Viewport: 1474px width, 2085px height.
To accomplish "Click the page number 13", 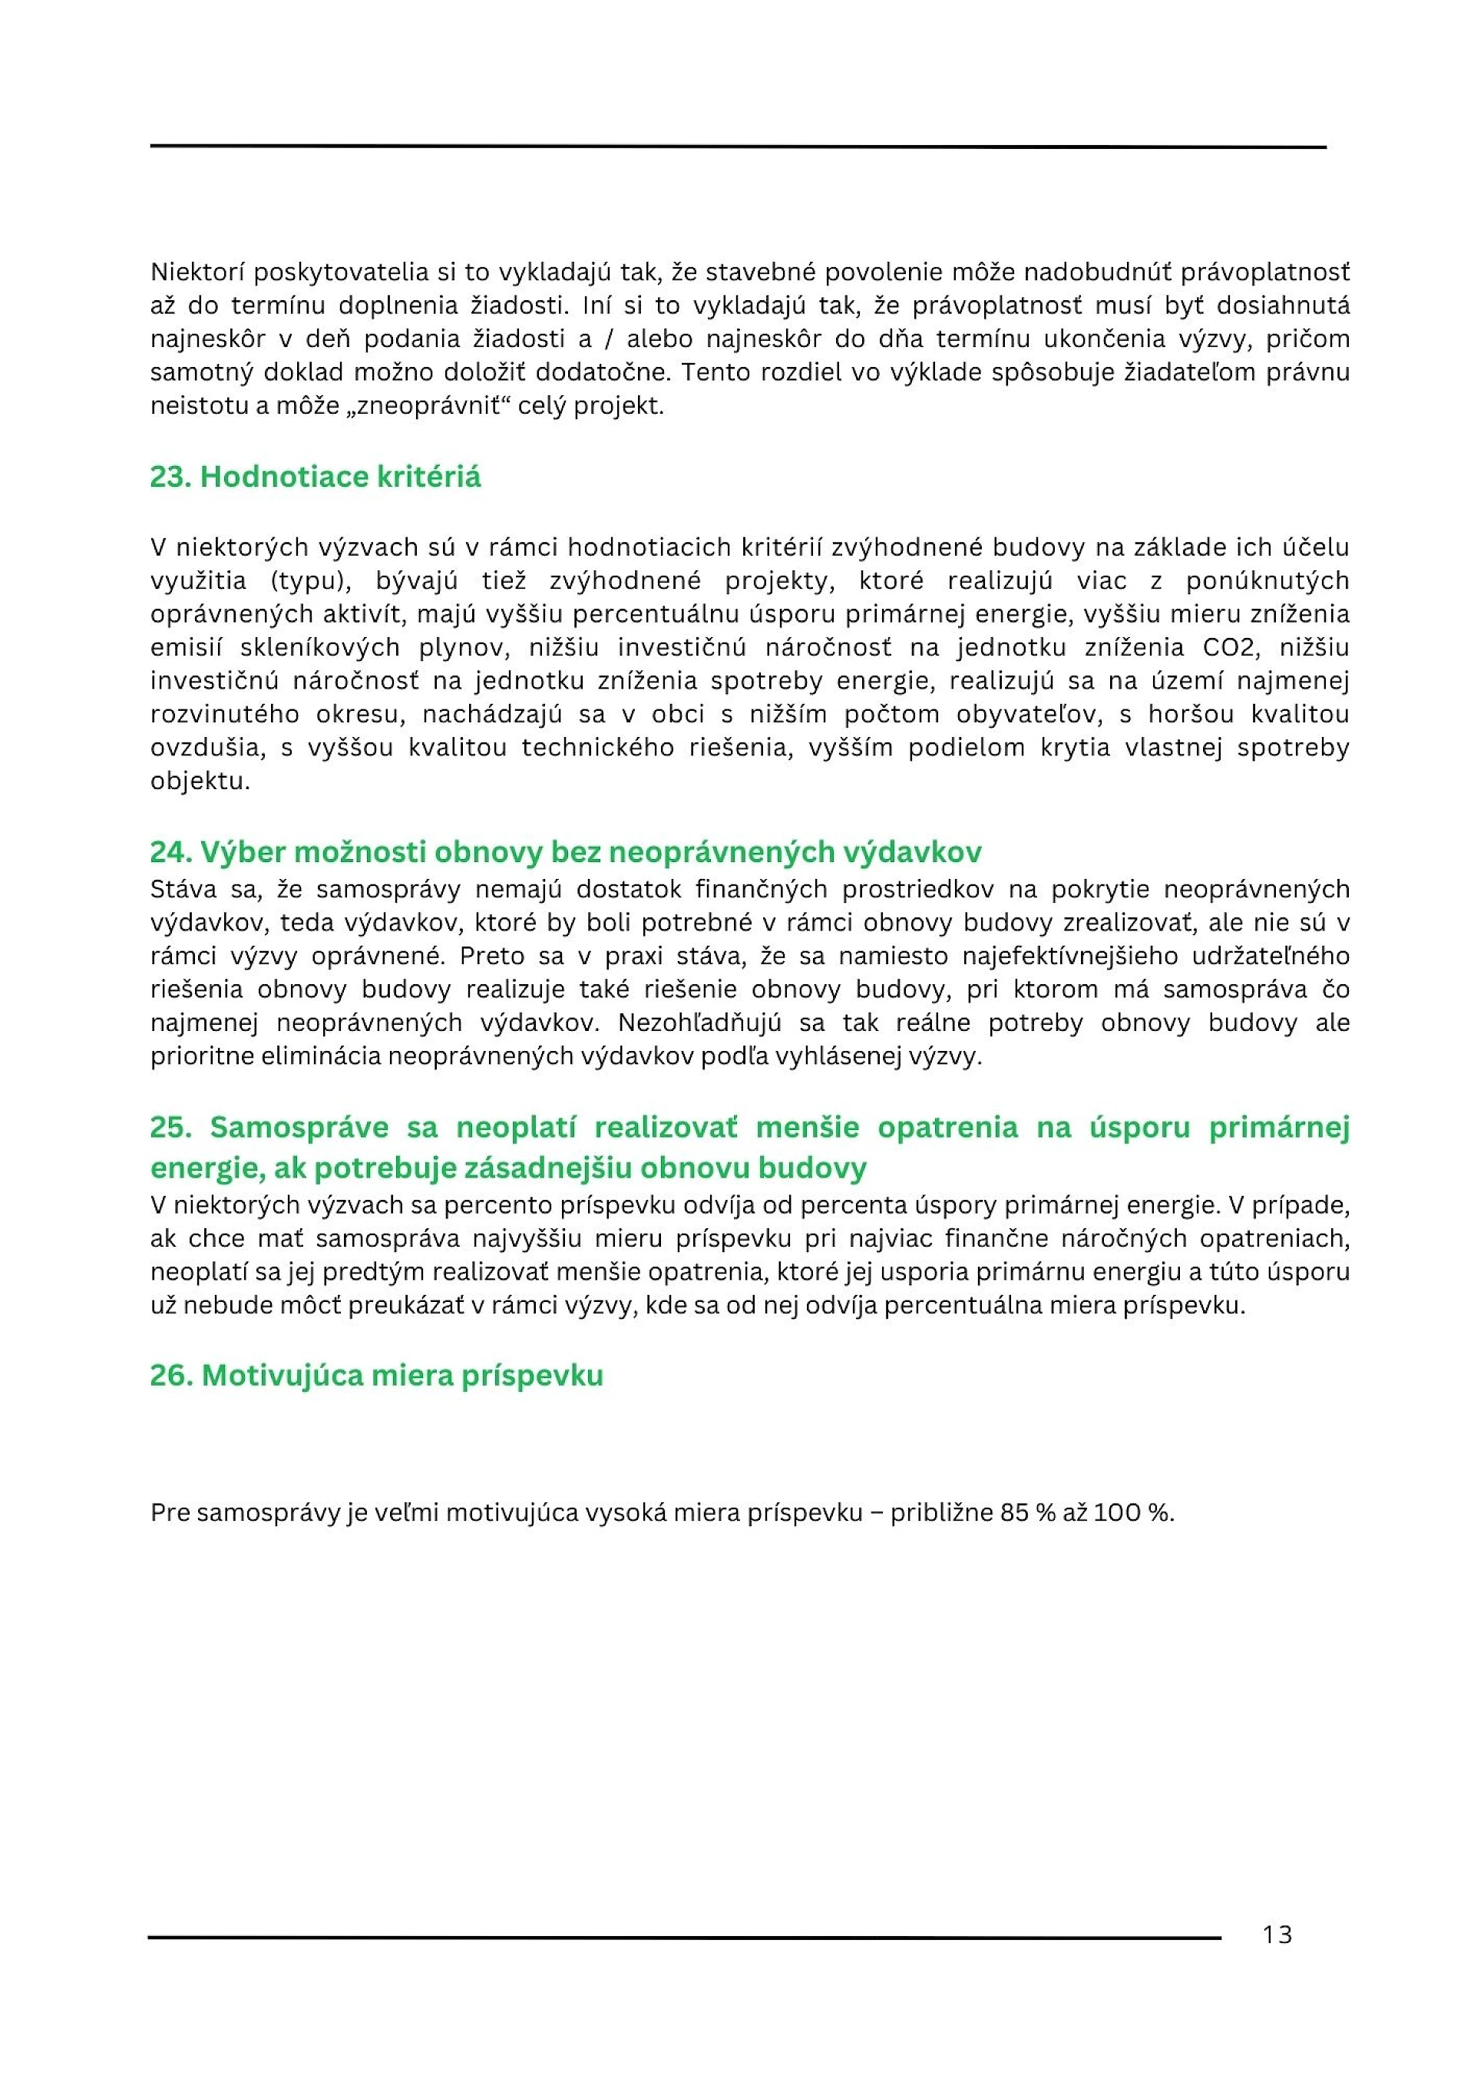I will tap(1276, 1935).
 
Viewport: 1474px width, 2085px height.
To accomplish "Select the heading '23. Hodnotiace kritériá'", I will tap(315, 477).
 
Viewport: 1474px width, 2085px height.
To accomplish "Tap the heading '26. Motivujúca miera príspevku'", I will tap(376, 1375).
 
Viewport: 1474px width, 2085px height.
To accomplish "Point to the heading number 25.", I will tap(170, 1127).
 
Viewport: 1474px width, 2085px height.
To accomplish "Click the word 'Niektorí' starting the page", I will tap(197, 272).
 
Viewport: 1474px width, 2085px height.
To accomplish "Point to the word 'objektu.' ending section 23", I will tap(200, 781).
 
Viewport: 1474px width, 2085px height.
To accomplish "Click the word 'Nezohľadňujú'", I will tap(699, 1023).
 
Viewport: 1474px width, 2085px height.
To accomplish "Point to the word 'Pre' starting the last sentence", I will tap(170, 1513).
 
